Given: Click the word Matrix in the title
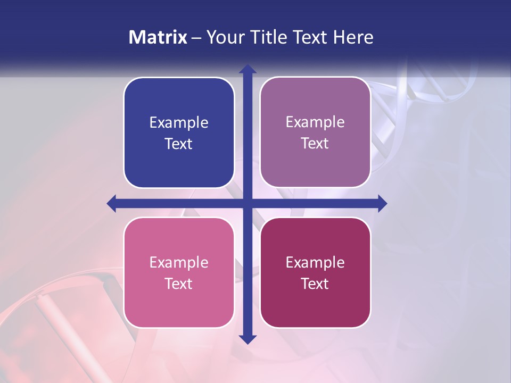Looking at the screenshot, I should (x=158, y=37).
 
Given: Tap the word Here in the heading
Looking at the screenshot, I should (x=353, y=37).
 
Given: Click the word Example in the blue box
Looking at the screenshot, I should (x=179, y=123).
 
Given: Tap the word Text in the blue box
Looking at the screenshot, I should (x=179, y=144).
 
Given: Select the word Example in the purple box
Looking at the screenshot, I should (x=315, y=122).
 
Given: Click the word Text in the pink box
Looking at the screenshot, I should (x=179, y=284).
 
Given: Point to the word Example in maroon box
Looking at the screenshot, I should (x=315, y=262).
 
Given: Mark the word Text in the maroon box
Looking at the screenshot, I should (x=315, y=284).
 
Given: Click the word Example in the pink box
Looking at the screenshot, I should (x=179, y=262).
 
